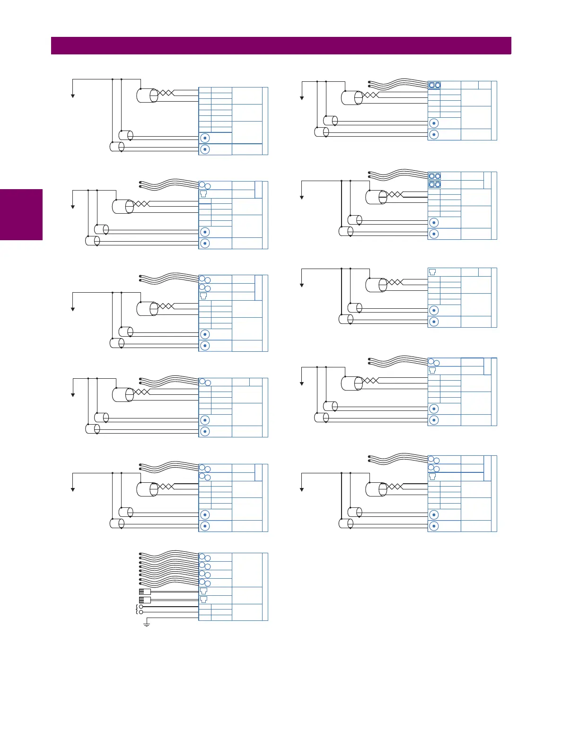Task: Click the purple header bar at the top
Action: coord(281,46)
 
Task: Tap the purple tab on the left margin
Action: coord(21,215)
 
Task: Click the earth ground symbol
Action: coord(147,625)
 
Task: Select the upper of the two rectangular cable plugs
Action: coord(145,592)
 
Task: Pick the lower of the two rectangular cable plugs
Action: coord(145,600)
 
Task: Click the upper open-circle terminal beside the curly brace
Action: coord(141,607)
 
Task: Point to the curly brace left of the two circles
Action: coord(137,610)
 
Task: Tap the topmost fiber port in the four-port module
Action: coord(205,557)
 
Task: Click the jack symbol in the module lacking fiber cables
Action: coord(432,272)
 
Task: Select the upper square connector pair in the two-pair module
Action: coord(435,176)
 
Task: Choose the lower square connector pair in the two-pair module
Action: coord(435,184)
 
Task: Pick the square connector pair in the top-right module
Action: coord(435,85)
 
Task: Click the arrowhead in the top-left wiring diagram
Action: coord(73,96)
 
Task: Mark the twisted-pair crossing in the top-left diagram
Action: coord(166,93)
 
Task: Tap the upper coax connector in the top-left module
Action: coord(205,138)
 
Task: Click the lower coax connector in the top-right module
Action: coord(434,135)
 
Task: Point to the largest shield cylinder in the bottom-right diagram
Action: coord(377,489)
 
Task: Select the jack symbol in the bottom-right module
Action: coord(432,477)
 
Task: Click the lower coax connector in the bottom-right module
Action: coord(434,526)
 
